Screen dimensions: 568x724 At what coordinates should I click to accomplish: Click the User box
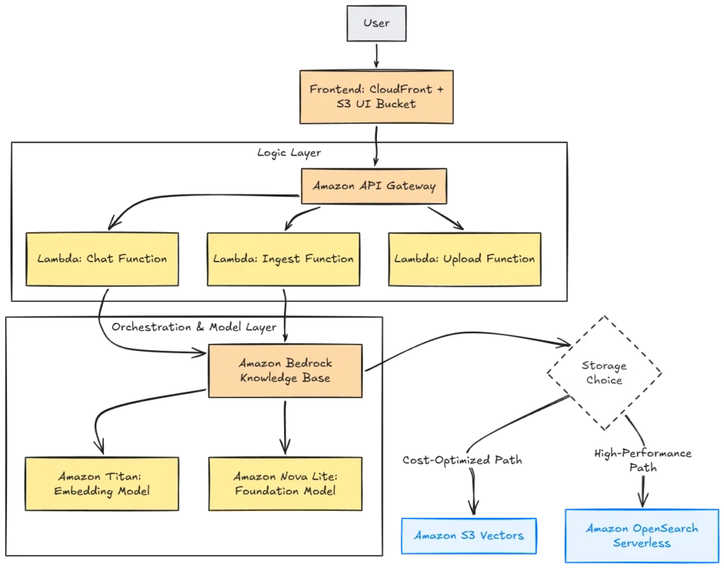[376, 23]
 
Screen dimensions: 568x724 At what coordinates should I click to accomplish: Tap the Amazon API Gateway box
[374, 186]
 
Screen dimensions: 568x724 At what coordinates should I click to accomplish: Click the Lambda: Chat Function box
[101, 259]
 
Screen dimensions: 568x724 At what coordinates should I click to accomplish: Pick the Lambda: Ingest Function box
[284, 259]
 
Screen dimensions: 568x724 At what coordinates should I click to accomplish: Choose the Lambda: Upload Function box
[465, 259]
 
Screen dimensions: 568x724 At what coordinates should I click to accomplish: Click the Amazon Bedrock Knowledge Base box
[285, 370]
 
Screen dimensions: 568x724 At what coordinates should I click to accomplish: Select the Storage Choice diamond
[603, 372]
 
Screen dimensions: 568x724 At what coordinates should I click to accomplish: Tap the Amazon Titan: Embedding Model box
[103, 484]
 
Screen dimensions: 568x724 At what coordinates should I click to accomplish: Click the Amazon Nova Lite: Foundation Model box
[285, 484]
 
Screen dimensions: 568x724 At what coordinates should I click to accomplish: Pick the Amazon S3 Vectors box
[469, 535]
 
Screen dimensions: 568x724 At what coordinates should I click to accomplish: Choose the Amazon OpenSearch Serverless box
[642, 536]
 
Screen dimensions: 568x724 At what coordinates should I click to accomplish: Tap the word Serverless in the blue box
[642, 544]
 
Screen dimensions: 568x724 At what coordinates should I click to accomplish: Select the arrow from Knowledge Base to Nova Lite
[285, 424]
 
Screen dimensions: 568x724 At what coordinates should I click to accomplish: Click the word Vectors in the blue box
[501, 535]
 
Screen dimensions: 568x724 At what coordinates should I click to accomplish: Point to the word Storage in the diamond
[604, 365]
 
